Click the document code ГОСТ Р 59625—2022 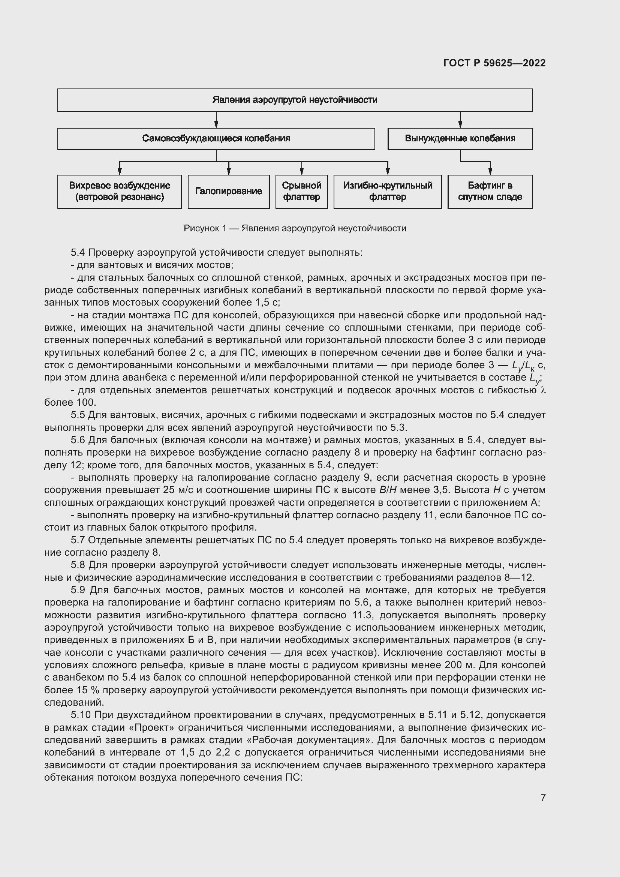point(494,63)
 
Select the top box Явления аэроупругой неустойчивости point(295,100)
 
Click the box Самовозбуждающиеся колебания point(216,139)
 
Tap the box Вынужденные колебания point(460,139)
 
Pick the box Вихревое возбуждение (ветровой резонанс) point(120,191)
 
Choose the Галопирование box point(229,191)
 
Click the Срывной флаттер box point(301,191)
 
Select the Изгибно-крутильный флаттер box point(387,191)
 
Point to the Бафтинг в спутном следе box point(490,191)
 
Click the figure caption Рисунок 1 point(295,228)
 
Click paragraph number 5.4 point(78,252)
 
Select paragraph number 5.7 point(78,540)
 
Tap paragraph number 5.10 point(81,715)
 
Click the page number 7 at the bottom point(543,798)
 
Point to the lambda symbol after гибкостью point(543,390)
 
